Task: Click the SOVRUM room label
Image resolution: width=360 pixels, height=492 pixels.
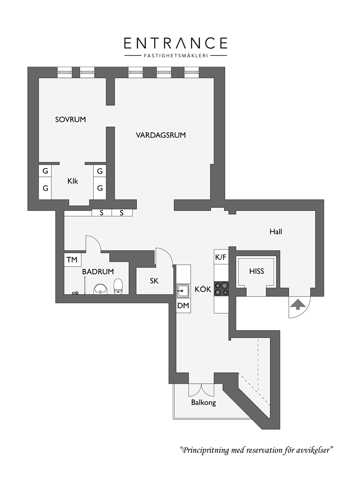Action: (x=70, y=120)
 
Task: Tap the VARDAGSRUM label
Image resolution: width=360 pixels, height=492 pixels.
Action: (x=161, y=135)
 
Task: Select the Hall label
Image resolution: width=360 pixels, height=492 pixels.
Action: (x=276, y=232)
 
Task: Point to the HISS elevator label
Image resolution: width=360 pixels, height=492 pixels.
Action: (x=257, y=271)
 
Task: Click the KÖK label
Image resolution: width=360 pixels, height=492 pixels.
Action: (x=203, y=289)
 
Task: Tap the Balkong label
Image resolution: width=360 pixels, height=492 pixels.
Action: (x=203, y=403)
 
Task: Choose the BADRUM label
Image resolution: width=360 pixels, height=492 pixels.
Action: (x=98, y=272)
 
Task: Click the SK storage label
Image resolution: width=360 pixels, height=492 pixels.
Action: (x=154, y=281)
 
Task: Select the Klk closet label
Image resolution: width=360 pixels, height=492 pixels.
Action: (x=72, y=181)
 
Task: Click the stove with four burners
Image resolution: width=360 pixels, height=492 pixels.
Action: (x=221, y=289)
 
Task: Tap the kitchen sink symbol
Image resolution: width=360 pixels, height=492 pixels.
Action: (x=183, y=291)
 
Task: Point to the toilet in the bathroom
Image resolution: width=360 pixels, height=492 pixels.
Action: (x=118, y=286)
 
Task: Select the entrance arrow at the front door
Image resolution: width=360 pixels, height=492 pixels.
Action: (x=298, y=304)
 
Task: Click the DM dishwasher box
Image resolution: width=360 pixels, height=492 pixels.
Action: (x=183, y=305)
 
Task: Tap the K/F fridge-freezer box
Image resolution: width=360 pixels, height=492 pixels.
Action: (x=221, y=257)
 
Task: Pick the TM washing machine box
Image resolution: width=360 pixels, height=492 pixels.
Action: (x=72, y=260)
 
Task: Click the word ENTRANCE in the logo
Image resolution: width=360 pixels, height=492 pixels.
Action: (x=175, y=43)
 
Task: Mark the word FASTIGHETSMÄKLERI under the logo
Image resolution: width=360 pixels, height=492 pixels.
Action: (x=176, y=56)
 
